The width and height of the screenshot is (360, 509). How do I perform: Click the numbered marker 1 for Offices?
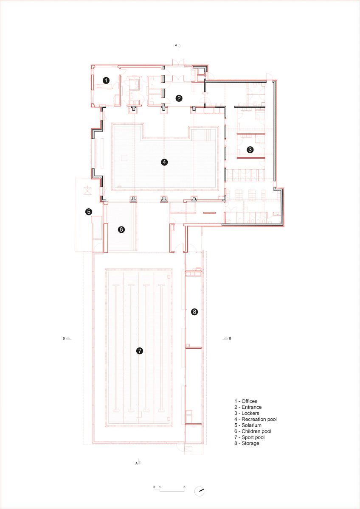tap(106, 80)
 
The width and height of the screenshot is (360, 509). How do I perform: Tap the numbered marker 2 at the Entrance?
tap(179, 98)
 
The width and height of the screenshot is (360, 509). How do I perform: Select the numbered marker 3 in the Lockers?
tap(250, 149)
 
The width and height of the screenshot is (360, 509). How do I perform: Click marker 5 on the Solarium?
tap(89, 211)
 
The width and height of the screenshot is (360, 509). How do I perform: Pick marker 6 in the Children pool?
tap(121, 229)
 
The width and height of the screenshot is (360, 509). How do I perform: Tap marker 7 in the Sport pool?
tap(139, 350)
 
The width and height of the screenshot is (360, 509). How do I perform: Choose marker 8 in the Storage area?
tap(194, 312)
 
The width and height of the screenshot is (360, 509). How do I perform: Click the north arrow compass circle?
tap(199, 491)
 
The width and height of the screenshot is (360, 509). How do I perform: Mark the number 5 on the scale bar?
tap(184, 487)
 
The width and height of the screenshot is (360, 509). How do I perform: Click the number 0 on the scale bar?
tap(154, 487)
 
